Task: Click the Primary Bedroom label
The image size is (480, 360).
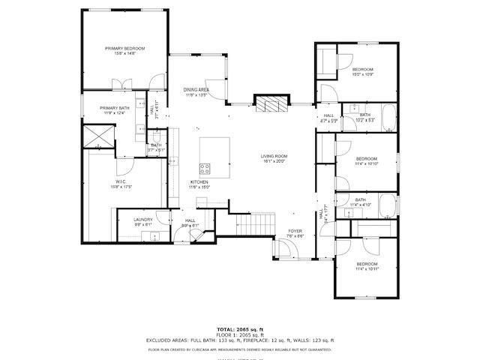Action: tap(124, 51)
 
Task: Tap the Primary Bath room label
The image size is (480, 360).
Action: tap(115, 109)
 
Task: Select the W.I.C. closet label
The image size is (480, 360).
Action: tap(121, 184)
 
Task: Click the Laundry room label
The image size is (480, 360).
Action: tap(143, 221)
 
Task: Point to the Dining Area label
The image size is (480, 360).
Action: tap(196, 92)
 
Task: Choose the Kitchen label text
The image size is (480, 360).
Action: tap(199, 184)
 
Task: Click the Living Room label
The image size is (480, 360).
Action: tap(274, 158)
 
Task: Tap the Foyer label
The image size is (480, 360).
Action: tap(295, 233)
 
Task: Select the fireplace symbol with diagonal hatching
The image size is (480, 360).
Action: tap(271, 104)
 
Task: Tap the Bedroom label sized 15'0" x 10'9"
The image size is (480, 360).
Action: tap(363, 72)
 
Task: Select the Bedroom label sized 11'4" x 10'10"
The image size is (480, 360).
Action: tap(366, 160)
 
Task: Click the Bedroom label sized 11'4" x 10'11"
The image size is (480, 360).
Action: tap(367, 266)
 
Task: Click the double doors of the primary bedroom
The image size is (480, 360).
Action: tap(121, 84)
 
